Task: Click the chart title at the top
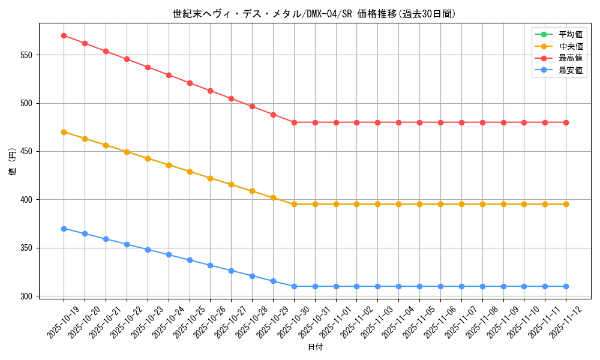(314, 14)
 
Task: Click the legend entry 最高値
(571, 58)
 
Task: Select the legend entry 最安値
(571, 70)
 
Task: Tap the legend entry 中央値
(571, 46)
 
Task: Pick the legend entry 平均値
(571, 34)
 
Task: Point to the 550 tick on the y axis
(27, 55)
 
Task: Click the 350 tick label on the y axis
(27, 248)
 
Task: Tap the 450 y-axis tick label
(27, 151)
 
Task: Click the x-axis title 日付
(315, 347)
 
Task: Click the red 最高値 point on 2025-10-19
(64, 35)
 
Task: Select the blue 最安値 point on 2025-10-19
(64, 229)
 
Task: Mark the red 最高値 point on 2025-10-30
(294, 122)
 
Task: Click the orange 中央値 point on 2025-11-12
(566, 204)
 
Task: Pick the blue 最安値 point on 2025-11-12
(566, 286)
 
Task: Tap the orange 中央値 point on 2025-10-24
(169, 165)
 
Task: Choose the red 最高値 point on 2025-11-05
(419, 122)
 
